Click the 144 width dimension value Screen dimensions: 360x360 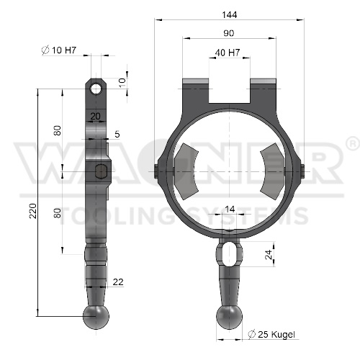tap(230, 15)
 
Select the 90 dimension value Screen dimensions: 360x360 tap(228, 33)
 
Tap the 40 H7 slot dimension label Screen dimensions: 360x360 tap(228, 53)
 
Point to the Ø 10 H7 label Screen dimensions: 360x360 tap(59, 50)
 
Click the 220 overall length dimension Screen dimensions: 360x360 tap(33, 211)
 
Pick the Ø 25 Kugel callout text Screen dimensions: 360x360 tap(271, 334)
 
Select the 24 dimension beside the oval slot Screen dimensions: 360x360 tap(269, 254)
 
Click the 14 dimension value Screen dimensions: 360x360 tap(230, 210)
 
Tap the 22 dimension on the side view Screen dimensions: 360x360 tap(118, 282)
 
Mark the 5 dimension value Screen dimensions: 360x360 tap(117, 134)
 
